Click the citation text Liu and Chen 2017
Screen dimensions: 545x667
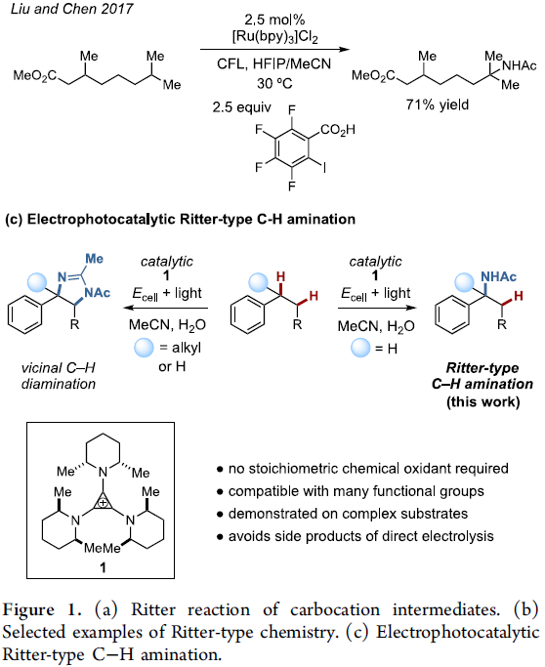[71, 9]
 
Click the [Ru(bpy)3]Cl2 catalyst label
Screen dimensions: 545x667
[274, 37]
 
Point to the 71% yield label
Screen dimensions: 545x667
[437, 104]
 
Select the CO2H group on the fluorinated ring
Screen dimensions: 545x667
[337, 129]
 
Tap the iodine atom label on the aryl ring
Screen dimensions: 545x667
[324, 168]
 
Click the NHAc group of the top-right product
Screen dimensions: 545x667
[519, 65]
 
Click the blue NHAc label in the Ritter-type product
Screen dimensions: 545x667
[498, 276]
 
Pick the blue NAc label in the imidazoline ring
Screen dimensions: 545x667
[97, 293]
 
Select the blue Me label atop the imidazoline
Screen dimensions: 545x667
[94, 258]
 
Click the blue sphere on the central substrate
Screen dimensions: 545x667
[258, 282]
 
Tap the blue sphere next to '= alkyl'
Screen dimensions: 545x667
[144, 348]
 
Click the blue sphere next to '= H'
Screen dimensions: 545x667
[360, 348]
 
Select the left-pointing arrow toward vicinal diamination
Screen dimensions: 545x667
[165, 308]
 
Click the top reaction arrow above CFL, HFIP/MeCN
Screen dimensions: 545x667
[274, 50]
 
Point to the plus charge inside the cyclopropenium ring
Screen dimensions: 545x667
[103, 503]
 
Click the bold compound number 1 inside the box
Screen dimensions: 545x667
[103, 567]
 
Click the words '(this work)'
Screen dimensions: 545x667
[482, 401]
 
